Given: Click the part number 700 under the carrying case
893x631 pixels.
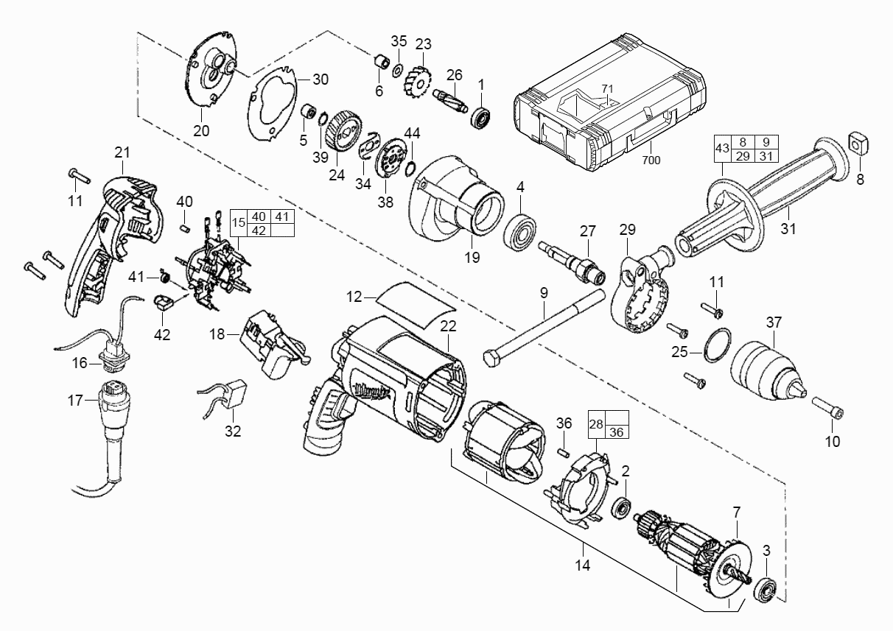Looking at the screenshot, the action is (x=651, y=160).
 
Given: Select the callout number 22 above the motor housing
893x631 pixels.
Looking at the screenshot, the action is (x=448, y=326).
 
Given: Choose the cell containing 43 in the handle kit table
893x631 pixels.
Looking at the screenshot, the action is (x=722, y=149).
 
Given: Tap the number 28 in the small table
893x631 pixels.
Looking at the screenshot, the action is (x=596, y=424).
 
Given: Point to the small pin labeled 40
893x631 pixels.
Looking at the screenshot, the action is (x=184, y=228).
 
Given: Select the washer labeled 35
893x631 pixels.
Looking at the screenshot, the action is (x=397, y=71).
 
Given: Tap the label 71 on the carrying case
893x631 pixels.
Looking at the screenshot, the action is (x=607, y=88).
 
